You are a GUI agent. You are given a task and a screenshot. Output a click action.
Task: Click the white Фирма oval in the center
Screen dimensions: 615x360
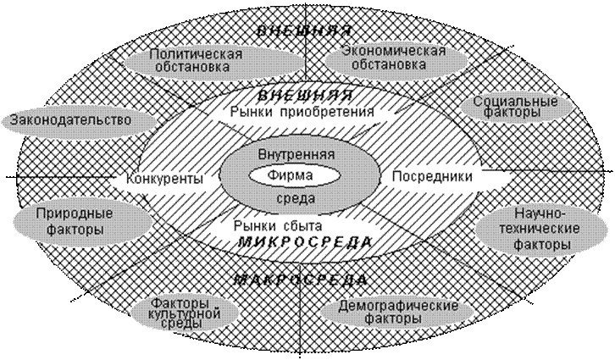pyautogui.click(x=295, y=175)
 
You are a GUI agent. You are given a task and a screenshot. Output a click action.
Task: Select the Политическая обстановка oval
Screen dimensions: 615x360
pyautogui.click(x=214, y=60)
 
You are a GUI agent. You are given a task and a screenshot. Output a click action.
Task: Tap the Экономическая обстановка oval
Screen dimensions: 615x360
pyautogui.click(x=396, y=58)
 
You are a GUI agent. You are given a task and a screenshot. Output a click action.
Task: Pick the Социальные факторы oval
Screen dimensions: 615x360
pyautogui.click(x=515, y=107)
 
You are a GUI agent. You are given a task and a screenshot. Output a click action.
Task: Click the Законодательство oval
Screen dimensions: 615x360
pyautogui.click(x=78, y=119)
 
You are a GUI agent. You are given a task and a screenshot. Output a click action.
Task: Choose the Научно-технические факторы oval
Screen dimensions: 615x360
pyautogui.click(x=542, y=230)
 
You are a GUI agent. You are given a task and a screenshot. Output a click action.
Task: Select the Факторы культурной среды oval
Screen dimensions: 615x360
pyautogui.click(x=185, y=313)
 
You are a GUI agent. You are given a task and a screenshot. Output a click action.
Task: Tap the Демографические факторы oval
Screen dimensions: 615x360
pyautogui.click(x=397, y=312)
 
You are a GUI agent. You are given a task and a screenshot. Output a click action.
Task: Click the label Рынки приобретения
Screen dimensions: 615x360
pyautogui.click(x=302, y=112)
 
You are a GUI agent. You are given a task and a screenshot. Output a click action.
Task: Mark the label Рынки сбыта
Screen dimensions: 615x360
pyautogui.click(x=278, y=226)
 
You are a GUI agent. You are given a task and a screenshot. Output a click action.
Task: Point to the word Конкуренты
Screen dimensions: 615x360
pyautogui.click(x=164, y=180)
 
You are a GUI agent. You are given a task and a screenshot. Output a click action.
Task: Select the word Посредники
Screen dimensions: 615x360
pyautogui.click(x=432, y=176)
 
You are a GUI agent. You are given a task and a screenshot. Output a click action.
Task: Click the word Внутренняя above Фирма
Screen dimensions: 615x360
pyautogui.click(x=296, y=154)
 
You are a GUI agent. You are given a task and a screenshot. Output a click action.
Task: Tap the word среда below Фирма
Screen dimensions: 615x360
pyautogui.click(x=296, y=198)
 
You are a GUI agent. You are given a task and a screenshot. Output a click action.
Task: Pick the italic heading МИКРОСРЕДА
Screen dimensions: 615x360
pyautogui.click(x=305, y=242)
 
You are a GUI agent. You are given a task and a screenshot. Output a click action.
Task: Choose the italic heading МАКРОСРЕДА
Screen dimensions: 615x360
pyautogui.click(x=301, y=280)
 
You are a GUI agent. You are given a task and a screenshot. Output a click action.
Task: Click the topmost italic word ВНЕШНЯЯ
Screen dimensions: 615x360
pyautogui.click(x=303, y=31)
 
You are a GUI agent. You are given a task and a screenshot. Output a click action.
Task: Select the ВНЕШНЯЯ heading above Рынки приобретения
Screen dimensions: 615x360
pyautogui.click(x=306, y=95)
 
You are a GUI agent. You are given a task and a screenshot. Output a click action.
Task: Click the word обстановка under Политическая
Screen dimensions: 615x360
pyautogui.click(x=192, y=67)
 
